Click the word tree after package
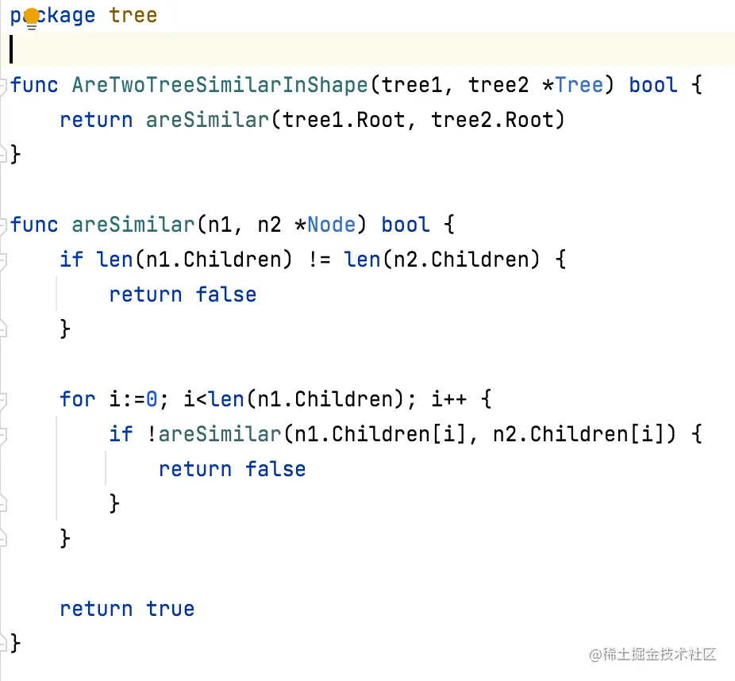(133, 16)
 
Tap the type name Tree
(579, 85)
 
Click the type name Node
(332, 225)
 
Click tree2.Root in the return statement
(498, 120)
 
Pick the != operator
(320, 260)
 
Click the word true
(171, 609)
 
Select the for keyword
(78, 398)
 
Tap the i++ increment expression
(449, 398)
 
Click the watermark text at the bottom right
(652, 655)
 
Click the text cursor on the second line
(12, 49)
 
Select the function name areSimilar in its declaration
(133, 225)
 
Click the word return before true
(96, 609)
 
